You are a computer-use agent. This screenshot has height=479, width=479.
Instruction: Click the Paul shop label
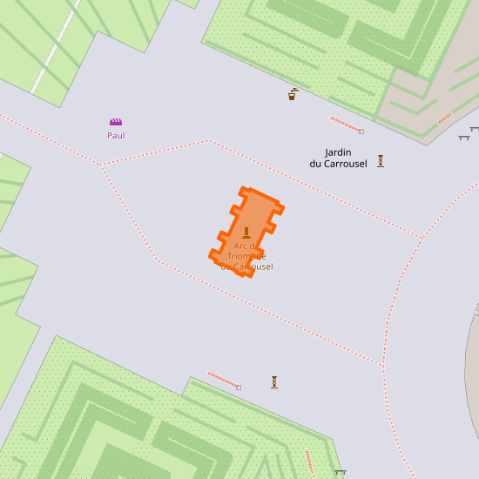tap(116, 135)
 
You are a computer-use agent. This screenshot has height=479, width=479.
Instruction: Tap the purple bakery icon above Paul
tap(116, 122)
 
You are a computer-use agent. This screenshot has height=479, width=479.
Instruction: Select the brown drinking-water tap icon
tap(293, 94)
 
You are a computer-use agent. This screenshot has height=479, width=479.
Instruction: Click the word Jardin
tap(337, 152)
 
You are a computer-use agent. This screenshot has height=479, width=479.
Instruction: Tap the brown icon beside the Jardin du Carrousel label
tap(381, 160)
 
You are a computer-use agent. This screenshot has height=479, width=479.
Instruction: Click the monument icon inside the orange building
tap(246, 233)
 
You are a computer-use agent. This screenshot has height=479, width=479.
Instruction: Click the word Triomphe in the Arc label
tap(246, 256)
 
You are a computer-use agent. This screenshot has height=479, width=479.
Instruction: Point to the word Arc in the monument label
tap(241, 246)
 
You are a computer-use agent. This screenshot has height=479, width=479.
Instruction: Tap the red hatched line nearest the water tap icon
tap(344, 124)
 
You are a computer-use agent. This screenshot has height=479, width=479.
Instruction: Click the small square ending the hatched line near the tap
tap(361, 132)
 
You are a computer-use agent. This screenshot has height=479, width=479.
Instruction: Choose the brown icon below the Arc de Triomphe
tap(274, 381)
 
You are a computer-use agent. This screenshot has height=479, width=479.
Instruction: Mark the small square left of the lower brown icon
tap(239, 388)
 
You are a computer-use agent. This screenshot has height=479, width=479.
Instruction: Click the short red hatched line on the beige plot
tap(445, 118)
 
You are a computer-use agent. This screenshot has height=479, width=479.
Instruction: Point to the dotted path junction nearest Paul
tap(101, 164)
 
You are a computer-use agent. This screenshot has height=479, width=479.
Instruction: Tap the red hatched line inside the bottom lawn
tap(309, 462)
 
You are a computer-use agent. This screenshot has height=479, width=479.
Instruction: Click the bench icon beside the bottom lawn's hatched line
tap(341, 473)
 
